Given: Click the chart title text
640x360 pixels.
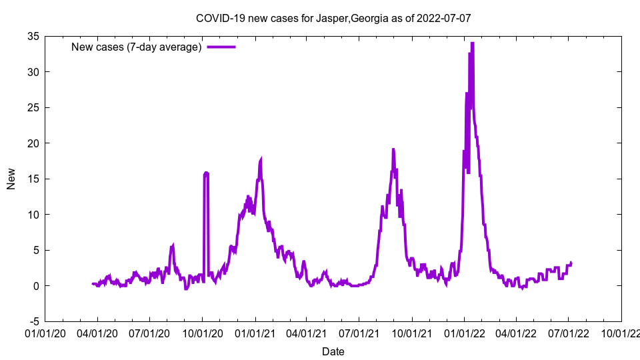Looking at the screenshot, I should [333, 18].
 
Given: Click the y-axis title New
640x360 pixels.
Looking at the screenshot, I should [11, 179].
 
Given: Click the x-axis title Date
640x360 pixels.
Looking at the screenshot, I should [333, 351].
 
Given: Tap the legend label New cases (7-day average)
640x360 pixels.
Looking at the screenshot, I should [136, 47].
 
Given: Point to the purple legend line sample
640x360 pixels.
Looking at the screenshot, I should [221, 47].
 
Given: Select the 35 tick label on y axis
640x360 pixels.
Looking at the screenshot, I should [33, 36].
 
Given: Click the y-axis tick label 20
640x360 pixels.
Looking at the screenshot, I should [33, 143].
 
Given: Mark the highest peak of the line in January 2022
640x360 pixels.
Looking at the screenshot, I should [472, 43].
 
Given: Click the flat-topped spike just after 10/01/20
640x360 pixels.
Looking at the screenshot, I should [206, 173].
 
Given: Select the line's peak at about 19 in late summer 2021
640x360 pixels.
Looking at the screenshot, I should [393, 149].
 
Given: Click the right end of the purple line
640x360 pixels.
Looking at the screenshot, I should [571, 263].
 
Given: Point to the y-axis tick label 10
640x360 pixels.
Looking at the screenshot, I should [33, 215].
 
